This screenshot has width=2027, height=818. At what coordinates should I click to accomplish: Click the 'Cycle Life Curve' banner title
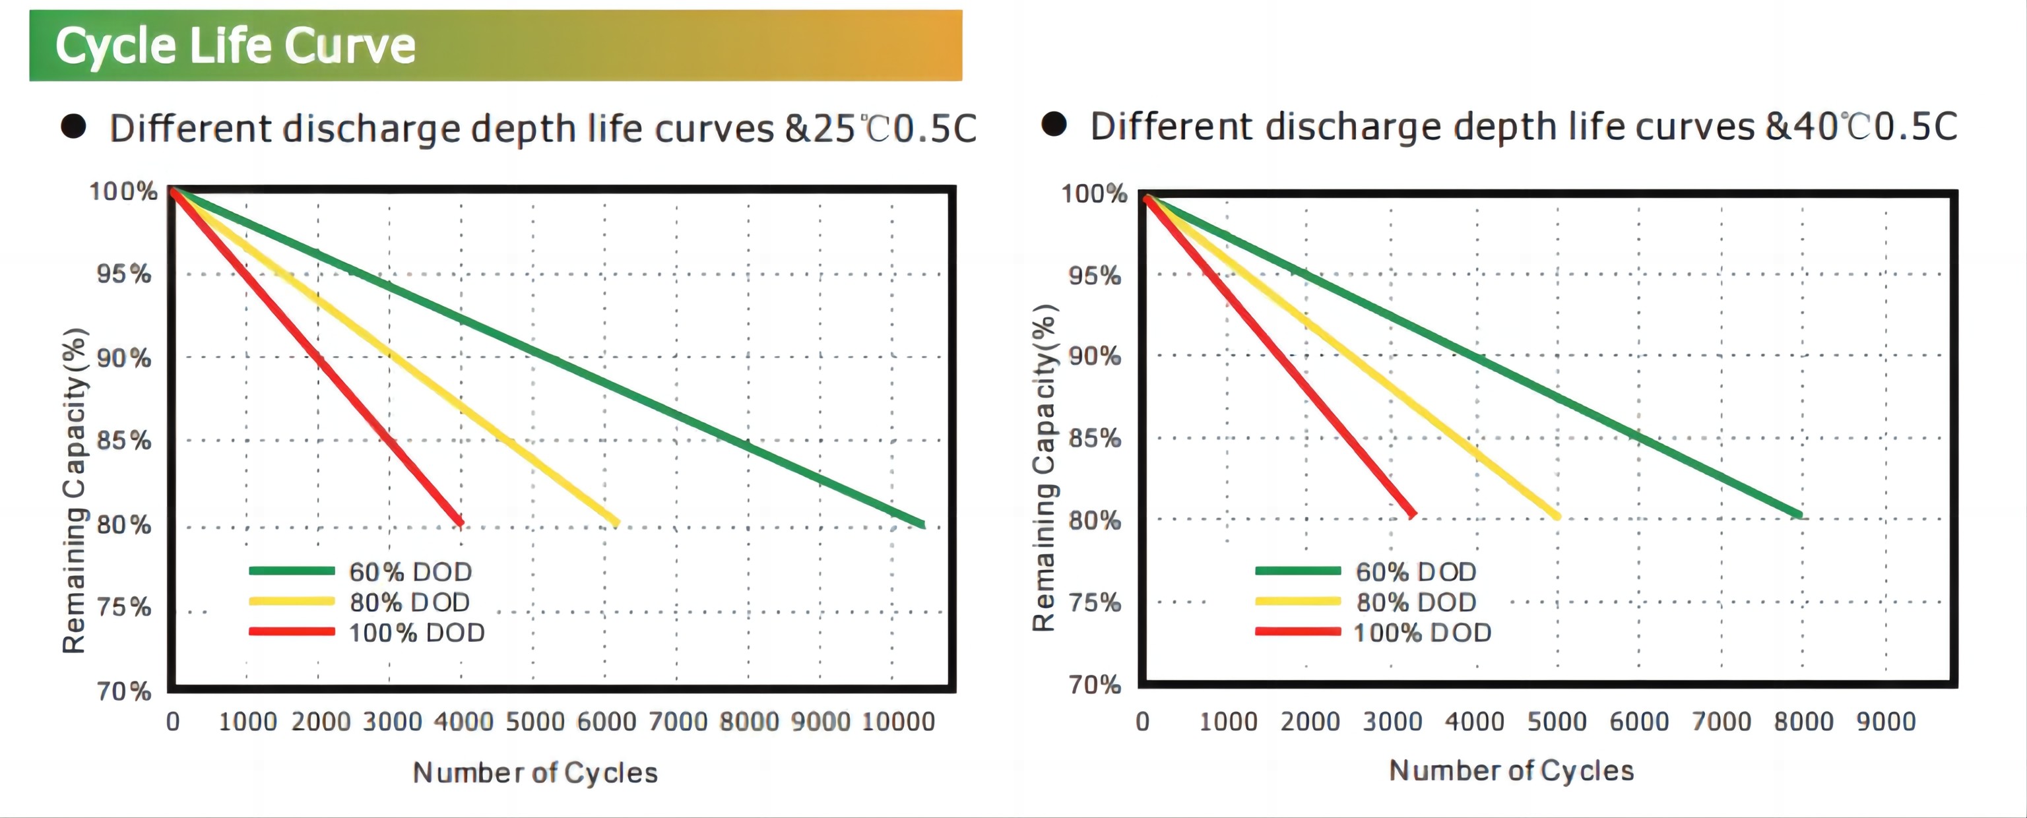[234, 46]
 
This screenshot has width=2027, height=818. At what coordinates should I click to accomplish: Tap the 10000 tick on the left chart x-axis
[898, 721]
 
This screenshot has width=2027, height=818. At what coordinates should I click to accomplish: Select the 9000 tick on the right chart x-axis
[1885, 721]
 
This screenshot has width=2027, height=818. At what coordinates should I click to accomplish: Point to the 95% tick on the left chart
[123, 274]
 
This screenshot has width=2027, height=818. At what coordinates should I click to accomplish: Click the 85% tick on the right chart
[1095, 437]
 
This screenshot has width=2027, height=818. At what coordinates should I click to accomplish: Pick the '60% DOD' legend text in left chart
[410, 572]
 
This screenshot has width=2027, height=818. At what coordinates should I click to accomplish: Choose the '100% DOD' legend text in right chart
[1422, 633]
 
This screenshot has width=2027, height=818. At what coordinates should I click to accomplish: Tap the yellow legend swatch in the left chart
[291, 602]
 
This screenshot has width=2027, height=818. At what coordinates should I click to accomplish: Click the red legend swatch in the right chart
[1298, 631]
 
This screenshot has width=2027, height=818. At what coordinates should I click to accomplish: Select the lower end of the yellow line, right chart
[1557, 516]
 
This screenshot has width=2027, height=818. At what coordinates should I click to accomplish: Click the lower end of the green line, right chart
[1799, 515]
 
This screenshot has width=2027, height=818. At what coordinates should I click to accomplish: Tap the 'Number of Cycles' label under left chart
[535, 772]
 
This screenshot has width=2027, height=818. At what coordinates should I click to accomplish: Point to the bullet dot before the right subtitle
[1054, 124]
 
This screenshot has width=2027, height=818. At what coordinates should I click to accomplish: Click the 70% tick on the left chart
[123, 691]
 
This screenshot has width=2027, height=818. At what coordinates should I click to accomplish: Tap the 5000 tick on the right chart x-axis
[1557, 721]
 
